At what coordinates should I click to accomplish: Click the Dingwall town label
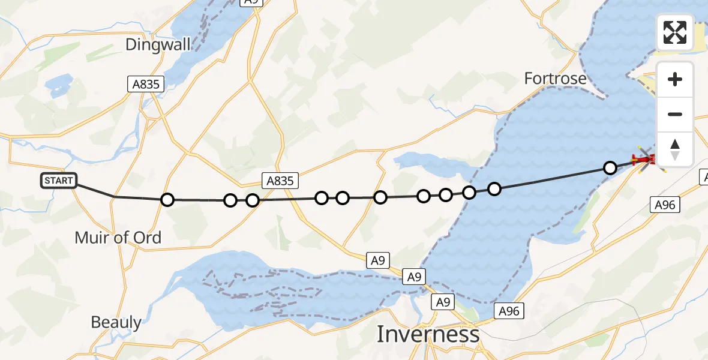coord(158,44)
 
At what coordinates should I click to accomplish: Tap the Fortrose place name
coord(555,78)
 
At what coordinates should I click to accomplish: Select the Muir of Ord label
coord(118,237)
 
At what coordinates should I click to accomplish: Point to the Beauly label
coord(116,322)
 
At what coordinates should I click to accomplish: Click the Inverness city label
coord(428,334)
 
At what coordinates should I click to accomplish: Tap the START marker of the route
coord(58,180)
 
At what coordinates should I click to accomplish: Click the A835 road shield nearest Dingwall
coord(146,84)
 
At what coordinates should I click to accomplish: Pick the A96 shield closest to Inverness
coord(509,310)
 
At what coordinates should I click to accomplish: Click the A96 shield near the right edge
coord(665,205)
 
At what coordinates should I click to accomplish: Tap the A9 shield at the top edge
coord(251,2)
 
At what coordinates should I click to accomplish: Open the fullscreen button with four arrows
coord(675,32)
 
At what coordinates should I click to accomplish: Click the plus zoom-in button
coord(675,80)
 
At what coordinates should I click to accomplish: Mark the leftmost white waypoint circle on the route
coord(167,199)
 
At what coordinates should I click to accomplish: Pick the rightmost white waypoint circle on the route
coord(610,168)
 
